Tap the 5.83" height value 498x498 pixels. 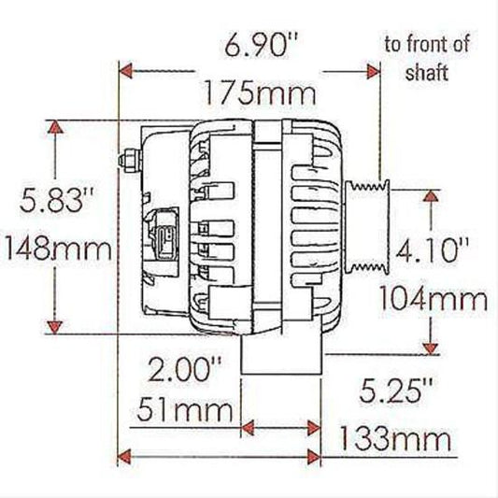[47, 200]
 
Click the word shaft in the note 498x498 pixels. [426, 73]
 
